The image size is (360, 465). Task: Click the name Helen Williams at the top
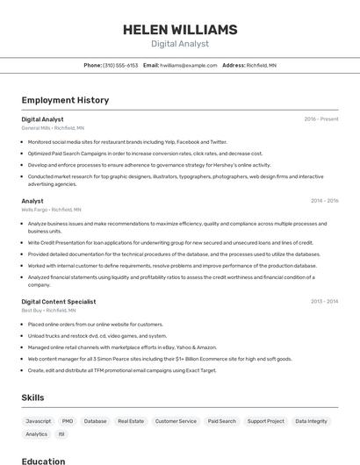coord(180,30)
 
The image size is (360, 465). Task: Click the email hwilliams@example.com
coord(188,65)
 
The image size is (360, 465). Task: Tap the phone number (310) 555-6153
coord(120,65)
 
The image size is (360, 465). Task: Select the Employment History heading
coord(65,100)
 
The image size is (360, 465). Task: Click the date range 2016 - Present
coord(321,118)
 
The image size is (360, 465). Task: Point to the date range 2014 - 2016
coord(324,201)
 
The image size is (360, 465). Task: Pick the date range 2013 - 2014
coord(324,301)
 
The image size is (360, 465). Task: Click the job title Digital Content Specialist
coord(58,301)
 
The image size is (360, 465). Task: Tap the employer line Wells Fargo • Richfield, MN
coord(51,210)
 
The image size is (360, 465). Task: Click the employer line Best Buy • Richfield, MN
coord(48,310)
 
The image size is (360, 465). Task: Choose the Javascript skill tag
coord(39,421)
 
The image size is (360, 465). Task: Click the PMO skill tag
coord(68,421)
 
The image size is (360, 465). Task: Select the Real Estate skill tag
coord(131,421)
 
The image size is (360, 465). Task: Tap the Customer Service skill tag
coord(176,421)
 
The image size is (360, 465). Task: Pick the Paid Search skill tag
coord(221,421)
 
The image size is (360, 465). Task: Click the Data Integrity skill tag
coord(311,421)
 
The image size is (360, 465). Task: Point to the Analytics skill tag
coord(37,434)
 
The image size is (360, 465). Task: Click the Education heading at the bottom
coord(43,461)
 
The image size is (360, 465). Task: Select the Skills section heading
coord(32,397)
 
